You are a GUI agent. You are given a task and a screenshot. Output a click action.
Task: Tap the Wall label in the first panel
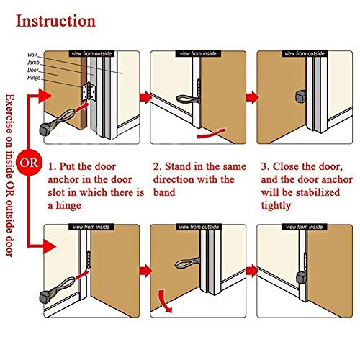pyautogui.click(x=32, y=55)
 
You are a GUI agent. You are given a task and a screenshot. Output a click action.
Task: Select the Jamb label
pyautogui.click(x=33, y=63)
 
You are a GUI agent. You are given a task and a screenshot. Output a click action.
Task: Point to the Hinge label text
pyautogui.click(x=34, y=78)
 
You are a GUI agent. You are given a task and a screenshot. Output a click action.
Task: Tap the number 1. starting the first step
pyautogui.click(x=53, y=167)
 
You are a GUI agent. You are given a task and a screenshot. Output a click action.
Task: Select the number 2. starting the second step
pyautogui.click(x=157, y=167)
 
